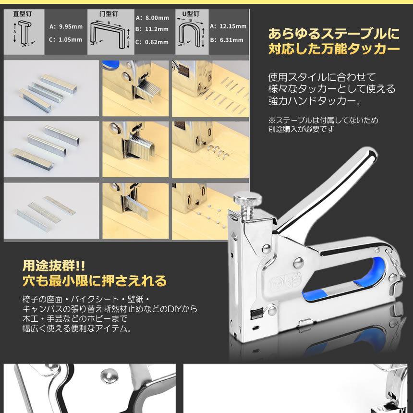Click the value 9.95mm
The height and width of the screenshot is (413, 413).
[69, 27]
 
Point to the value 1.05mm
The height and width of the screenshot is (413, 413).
[69, 39]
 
